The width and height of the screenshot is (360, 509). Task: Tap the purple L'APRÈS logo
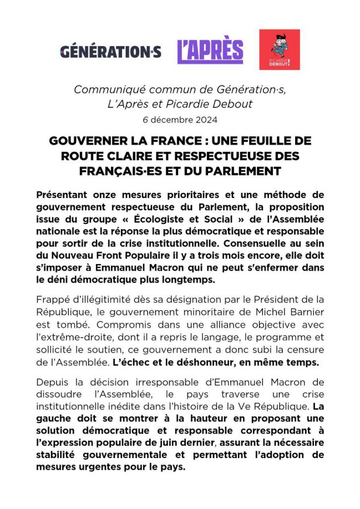pos(210,51)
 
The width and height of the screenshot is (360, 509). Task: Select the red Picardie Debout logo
pos(279,50)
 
